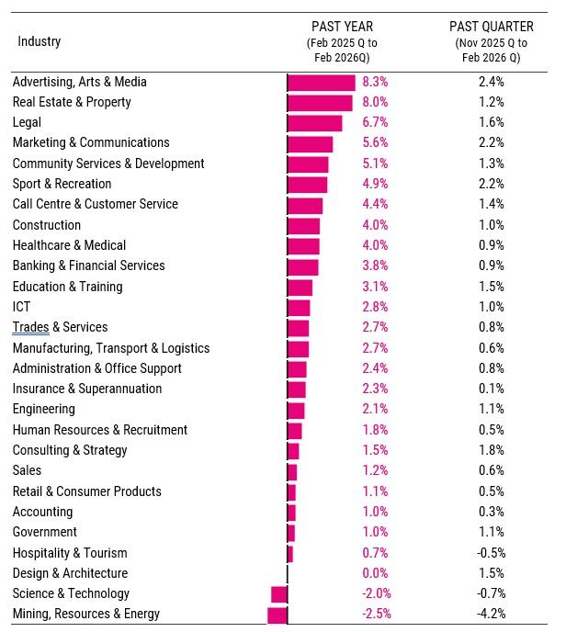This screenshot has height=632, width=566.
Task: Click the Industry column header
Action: click(39, 41)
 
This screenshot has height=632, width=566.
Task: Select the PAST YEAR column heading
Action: click(342, 27)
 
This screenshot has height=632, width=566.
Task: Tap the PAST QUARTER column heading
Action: click(492, 27)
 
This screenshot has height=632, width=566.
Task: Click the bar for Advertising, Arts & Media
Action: click(321, 82)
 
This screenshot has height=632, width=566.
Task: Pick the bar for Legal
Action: click(314, 122)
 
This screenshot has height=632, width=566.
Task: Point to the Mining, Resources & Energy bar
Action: click(277, 614)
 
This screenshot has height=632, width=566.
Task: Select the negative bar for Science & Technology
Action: click(279, 593)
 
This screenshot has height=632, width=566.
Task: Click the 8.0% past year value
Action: click(375, 102)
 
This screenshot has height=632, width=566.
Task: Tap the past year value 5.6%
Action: click(375, 142)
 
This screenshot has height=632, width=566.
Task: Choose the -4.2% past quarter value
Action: click(491, 614)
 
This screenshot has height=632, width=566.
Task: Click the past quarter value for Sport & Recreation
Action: click(492, 184)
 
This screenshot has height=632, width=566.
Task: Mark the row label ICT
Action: click(21, 307)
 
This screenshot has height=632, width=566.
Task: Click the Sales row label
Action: click(27, 470)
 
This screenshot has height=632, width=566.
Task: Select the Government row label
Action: click(44, 532)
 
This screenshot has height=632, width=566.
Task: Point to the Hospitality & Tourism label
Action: click(70, 553)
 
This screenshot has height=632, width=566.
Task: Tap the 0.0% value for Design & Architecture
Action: click(375, 573)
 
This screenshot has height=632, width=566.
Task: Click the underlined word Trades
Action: click(30, 327)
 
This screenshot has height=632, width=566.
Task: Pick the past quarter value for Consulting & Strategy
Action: click(492, 450)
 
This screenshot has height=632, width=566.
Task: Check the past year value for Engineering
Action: click(375, 409)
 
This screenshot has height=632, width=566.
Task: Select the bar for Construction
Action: click(303, 225)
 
